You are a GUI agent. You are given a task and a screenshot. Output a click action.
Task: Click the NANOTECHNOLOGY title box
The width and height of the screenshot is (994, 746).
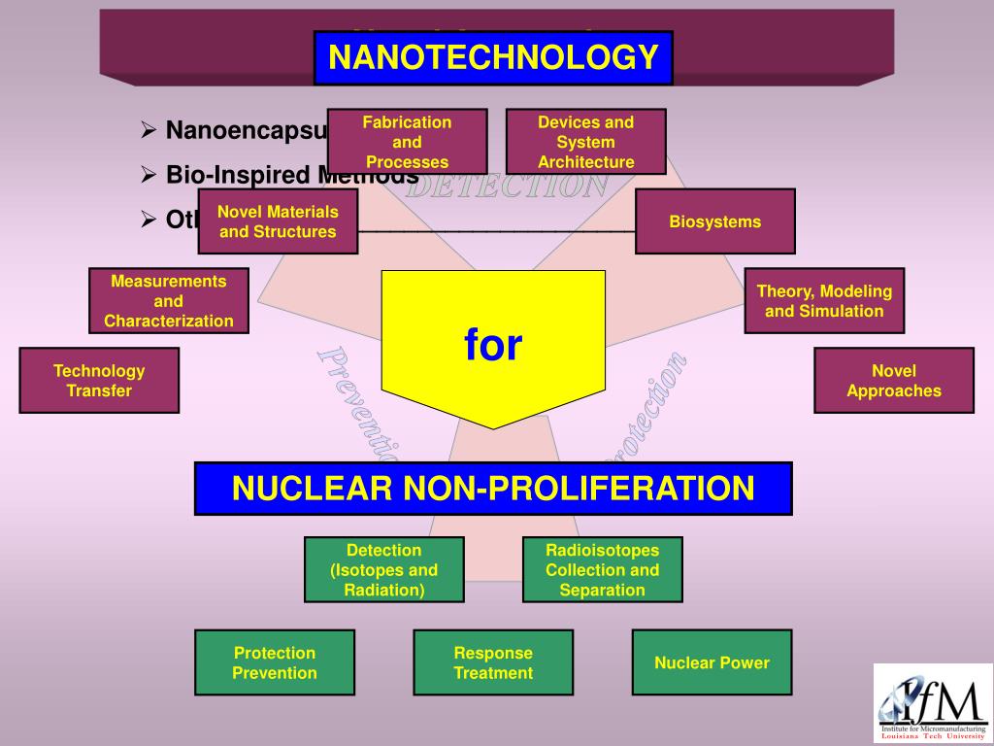(493, 57)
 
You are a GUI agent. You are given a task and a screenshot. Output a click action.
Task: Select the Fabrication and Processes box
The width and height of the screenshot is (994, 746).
(407, 142)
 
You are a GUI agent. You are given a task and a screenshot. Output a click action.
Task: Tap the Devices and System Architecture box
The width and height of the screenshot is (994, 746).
(585, 142)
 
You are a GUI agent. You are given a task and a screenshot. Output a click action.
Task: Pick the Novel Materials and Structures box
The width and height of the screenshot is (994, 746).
(278, 221)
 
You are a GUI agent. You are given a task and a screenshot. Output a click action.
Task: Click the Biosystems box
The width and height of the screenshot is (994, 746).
(714, 221)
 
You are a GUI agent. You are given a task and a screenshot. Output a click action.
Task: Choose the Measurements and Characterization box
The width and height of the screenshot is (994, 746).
(169, 301)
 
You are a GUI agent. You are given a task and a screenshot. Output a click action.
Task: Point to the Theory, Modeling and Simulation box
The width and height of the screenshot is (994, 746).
(824, 301)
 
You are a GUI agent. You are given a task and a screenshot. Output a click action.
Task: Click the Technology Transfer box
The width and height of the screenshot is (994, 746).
(99, 381)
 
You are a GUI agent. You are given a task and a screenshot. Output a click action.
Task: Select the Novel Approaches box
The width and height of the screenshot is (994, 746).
(893, 381)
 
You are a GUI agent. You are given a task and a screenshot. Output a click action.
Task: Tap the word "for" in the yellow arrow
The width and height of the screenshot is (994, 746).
(493, 345)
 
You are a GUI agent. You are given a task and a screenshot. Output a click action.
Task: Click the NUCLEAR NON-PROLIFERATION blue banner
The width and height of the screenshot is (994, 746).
(493, 488)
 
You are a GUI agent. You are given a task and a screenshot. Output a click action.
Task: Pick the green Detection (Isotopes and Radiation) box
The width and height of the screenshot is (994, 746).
(383, 570)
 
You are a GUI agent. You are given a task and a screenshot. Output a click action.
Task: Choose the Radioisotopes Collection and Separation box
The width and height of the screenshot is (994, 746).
(602, 570)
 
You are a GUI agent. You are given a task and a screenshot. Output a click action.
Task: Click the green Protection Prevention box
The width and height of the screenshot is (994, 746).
(275, 662)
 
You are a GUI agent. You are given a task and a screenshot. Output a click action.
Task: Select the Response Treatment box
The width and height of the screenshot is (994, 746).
(493, 662)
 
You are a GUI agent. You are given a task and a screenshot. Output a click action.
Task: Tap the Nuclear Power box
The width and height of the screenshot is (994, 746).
(712, 662)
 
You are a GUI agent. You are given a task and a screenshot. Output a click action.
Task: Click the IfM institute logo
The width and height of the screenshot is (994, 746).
(932, 703)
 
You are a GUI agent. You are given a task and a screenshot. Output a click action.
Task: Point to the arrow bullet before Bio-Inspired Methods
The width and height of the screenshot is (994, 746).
(149, 175)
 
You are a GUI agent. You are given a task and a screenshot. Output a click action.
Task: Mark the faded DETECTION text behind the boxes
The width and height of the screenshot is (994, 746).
(507, 186)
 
